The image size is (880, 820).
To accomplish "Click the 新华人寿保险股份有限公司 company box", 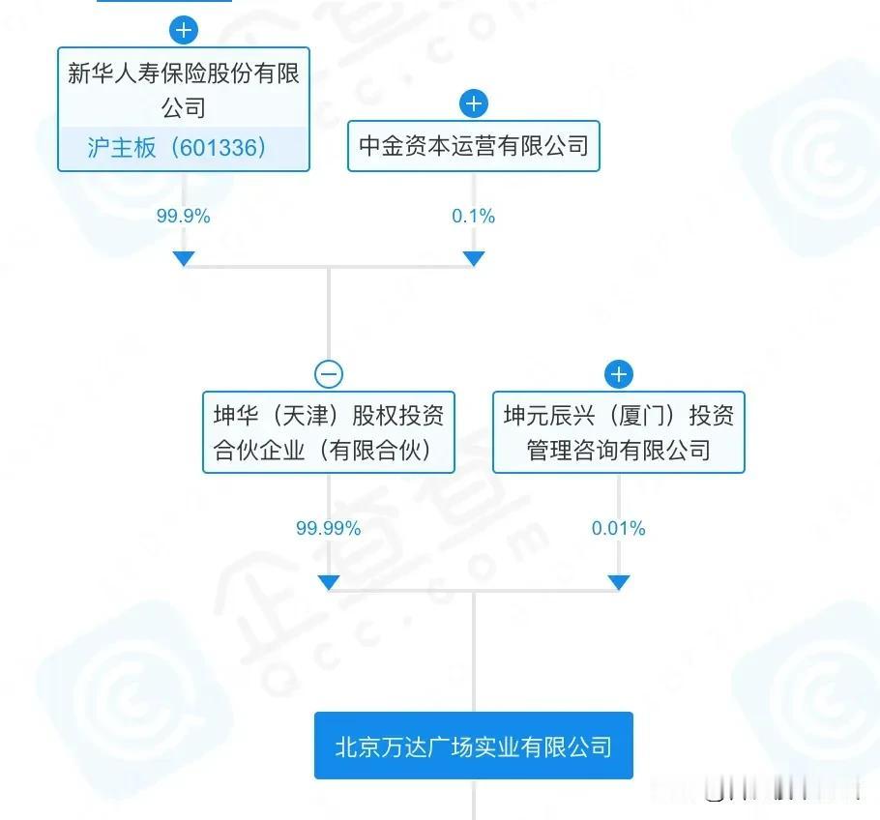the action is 184,109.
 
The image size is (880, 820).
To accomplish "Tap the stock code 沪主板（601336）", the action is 177,148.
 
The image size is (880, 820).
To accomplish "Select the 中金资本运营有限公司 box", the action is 474,146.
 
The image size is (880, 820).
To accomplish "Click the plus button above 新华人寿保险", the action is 184,30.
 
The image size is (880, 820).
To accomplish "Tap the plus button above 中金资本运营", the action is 474,103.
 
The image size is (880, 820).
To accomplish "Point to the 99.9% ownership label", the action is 184,216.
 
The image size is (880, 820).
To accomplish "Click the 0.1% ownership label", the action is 474,216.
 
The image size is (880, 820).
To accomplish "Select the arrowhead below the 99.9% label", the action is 184,259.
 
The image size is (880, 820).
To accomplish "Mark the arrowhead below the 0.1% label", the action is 474,259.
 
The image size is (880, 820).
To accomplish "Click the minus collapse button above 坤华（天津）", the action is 329,374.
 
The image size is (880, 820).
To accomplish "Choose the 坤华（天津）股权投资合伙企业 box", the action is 329,432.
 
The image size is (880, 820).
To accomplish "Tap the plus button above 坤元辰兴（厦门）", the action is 619,374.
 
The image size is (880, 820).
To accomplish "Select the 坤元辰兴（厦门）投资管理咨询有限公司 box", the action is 619,432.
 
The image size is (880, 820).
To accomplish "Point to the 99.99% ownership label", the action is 329,528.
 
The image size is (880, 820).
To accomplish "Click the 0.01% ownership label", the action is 619,528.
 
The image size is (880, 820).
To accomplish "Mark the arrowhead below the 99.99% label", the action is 329,582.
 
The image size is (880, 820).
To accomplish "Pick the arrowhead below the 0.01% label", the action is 619,582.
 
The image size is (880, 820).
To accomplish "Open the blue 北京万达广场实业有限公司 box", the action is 474,746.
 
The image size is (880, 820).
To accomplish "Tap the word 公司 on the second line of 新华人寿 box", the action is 184,107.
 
